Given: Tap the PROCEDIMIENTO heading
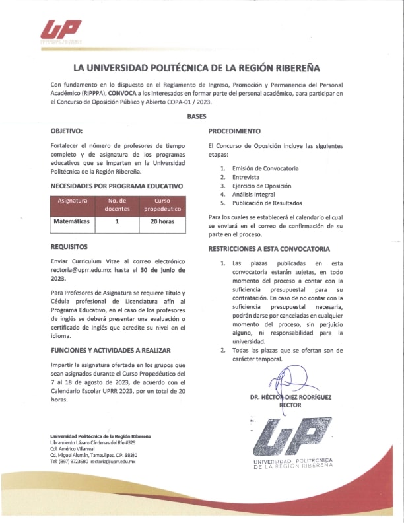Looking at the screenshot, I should (234, 131).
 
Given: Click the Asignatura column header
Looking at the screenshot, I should (73, 200).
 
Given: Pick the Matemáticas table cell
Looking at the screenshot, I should (71, 221).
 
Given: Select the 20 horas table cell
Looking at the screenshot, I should (162, 221).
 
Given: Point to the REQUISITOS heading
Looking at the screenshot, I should (69, 246).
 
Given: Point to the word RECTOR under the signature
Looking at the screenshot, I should (290, 405).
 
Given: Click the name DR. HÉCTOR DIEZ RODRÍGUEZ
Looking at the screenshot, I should (290, 397).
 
